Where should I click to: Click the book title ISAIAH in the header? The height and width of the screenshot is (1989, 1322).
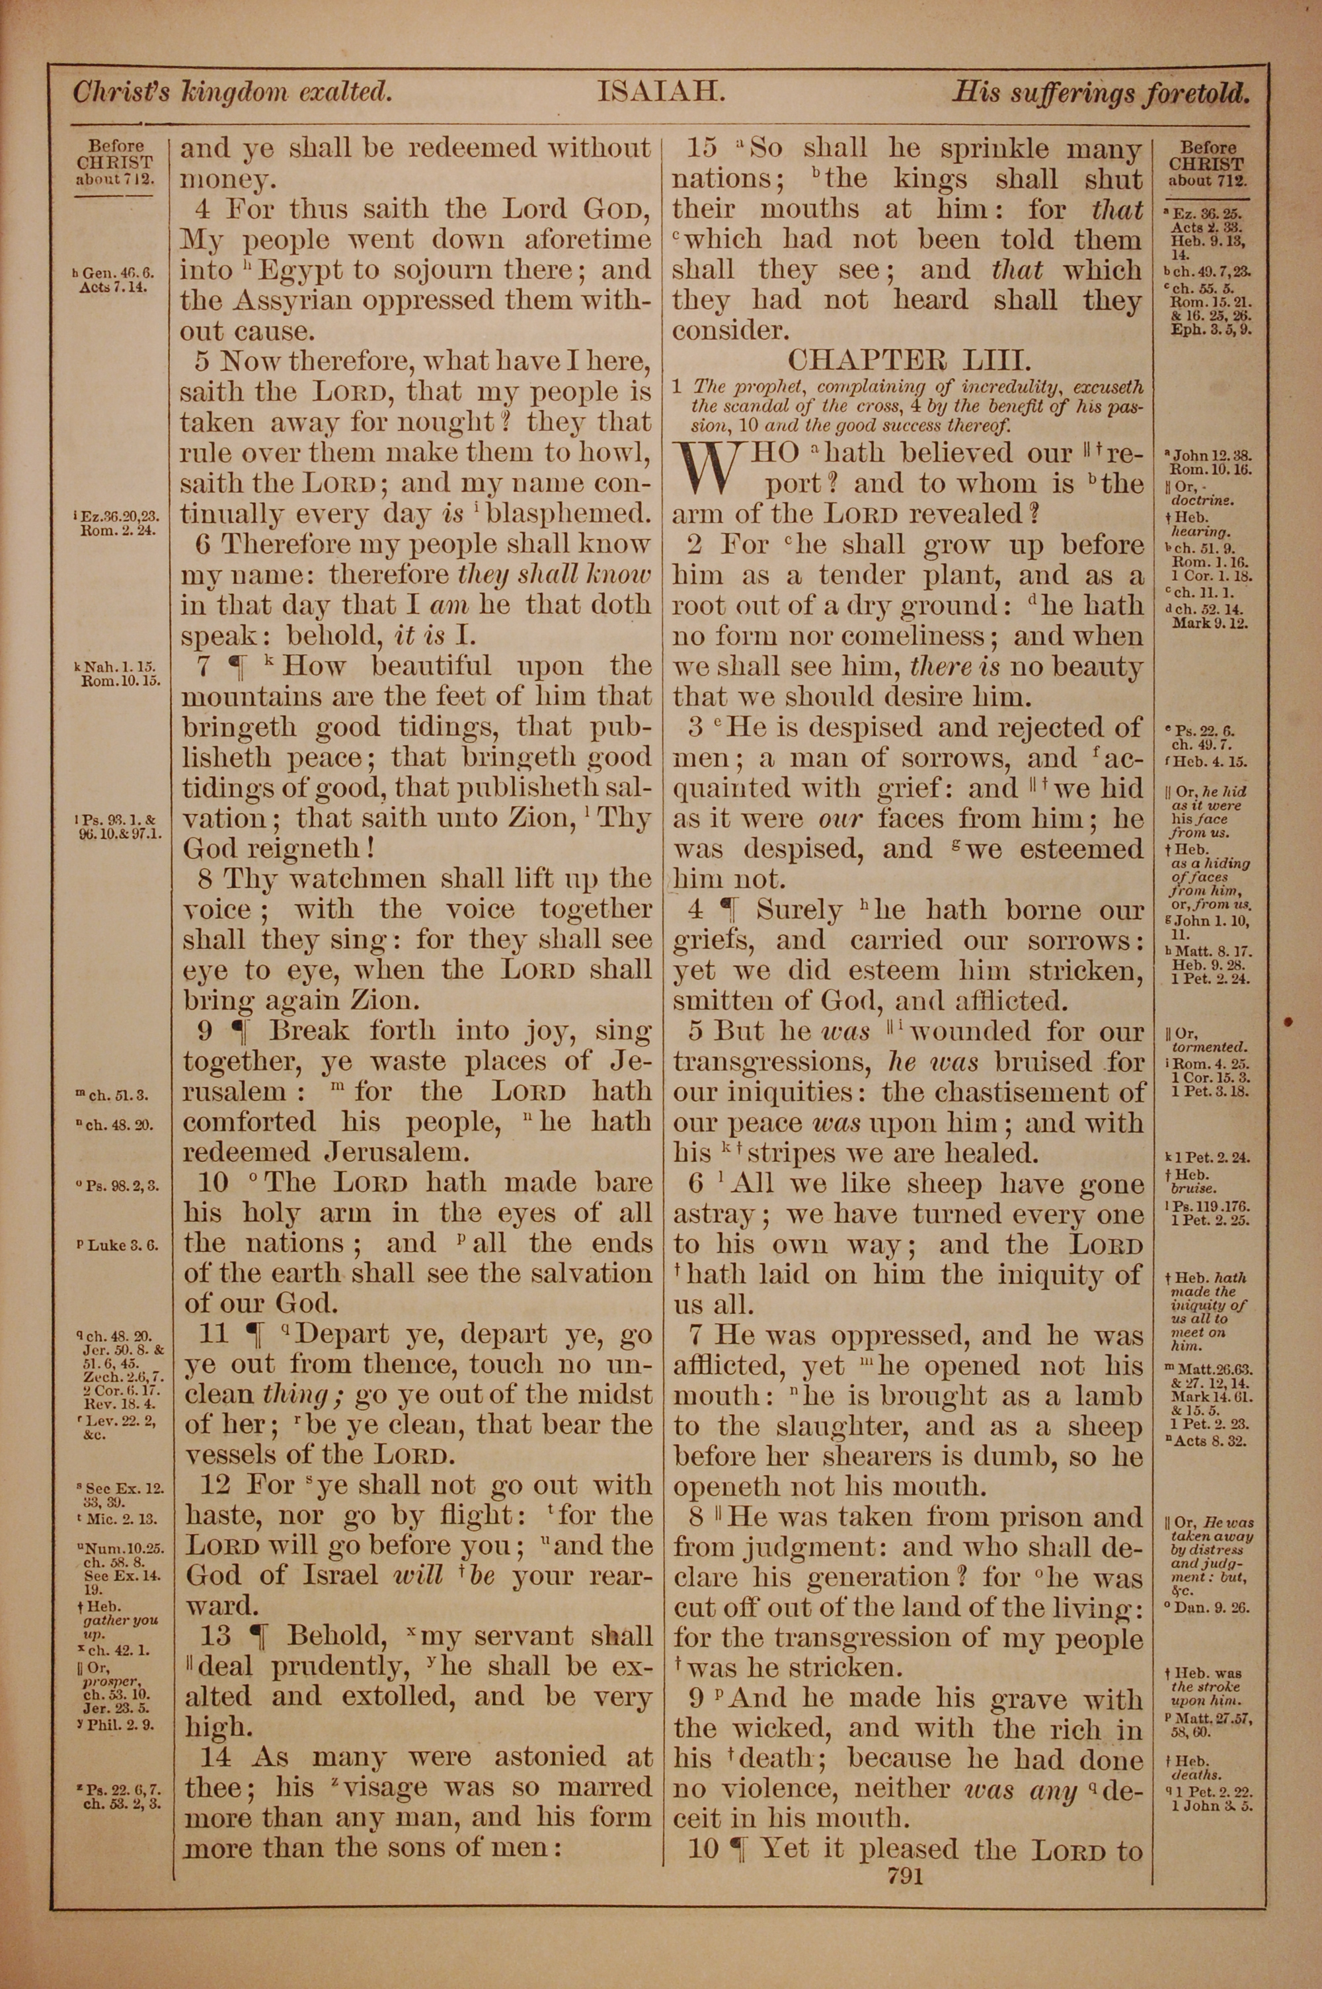(x=661, y=92)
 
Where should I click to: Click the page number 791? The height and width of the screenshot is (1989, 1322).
(x=900, y=1876)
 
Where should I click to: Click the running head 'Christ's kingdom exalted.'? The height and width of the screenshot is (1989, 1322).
(x=233, y=92)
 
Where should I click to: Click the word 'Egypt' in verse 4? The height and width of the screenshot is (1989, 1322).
(x=300, y=270)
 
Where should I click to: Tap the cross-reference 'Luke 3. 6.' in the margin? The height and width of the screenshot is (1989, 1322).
(x=122, y=1245)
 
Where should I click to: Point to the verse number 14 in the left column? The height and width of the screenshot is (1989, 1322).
(x=217, y=1757)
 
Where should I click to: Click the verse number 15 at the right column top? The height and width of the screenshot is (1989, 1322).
(x=702, y=148)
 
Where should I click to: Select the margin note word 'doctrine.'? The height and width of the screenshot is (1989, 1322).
(x=1196, y=501)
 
